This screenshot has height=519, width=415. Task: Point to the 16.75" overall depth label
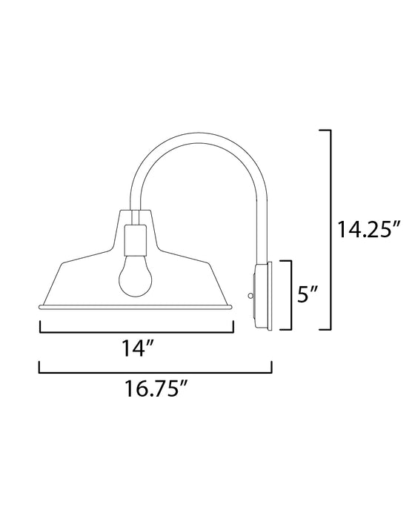pos(155,391)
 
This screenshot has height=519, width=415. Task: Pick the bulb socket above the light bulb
pos(136,239)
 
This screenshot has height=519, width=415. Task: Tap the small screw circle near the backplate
pos(250,296)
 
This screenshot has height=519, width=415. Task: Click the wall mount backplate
pos(265,296)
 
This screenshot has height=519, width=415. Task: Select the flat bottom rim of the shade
pos(136,306)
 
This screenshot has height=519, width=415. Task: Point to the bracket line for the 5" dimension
pos(296,295)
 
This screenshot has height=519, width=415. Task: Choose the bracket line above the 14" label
pos(136,330)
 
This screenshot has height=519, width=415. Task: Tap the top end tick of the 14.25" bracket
pos(323,130)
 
